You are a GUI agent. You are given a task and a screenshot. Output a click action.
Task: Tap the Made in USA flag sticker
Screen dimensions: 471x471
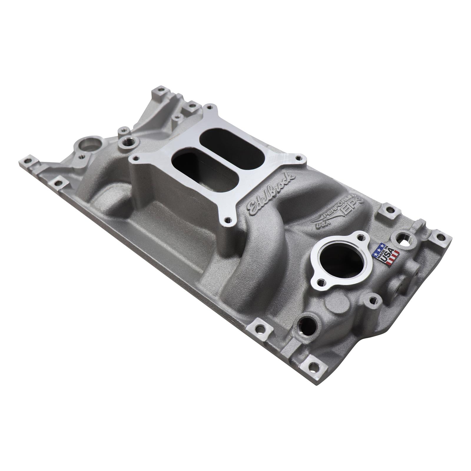point(385,253)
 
